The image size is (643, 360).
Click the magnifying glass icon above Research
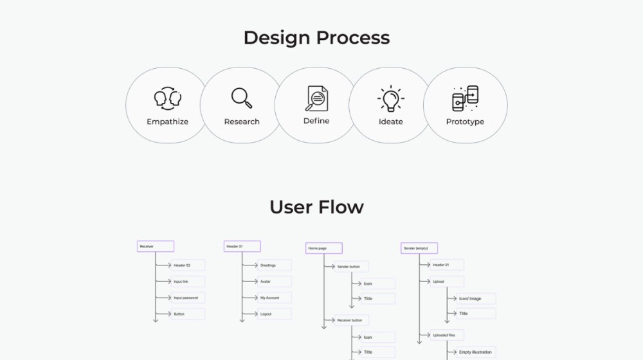[x=242, y=98]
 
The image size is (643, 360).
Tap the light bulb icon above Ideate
[x=390, y=99]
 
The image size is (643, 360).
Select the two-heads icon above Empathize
[x=167, y=98]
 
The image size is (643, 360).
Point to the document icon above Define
[x=316, y=98]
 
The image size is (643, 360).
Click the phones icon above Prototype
[x=465, y=98]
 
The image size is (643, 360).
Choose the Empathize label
[x=167, y=122]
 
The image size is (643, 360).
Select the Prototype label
[x=465, y=122]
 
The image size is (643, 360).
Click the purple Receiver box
[x=155, y=246]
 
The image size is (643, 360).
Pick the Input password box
[x=188, y=298]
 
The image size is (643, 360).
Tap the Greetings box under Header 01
[x=275, y=265]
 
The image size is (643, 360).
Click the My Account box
[x=275, y=298]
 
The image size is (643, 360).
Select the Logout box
[x=275, y=314]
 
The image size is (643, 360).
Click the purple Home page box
[x=323, y=248]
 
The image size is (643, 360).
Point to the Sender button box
[x=351, y=266]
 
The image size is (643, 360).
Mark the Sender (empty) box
[x=419, y=248]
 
